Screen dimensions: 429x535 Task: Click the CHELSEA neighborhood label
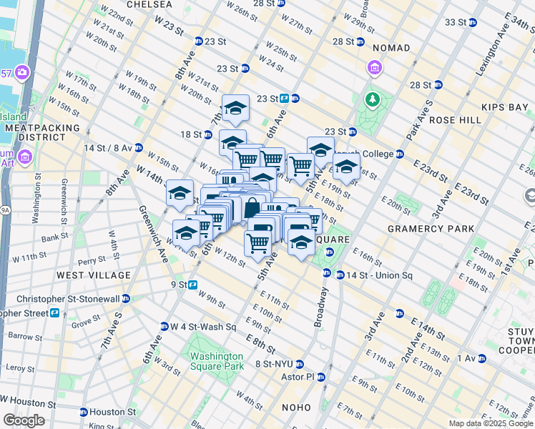coord(149,4)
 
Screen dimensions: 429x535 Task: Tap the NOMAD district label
coord(391,48)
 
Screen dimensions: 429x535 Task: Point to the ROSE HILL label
coord(456,120)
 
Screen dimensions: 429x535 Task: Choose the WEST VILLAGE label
coord(94,275)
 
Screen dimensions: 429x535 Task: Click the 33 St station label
coord(455,22)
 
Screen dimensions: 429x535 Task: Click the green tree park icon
coord(372,99)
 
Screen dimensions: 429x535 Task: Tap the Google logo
coord(24,420)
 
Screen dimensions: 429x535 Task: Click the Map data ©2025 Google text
coord(490,423)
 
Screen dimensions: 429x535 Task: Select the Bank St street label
coord(54,237)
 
